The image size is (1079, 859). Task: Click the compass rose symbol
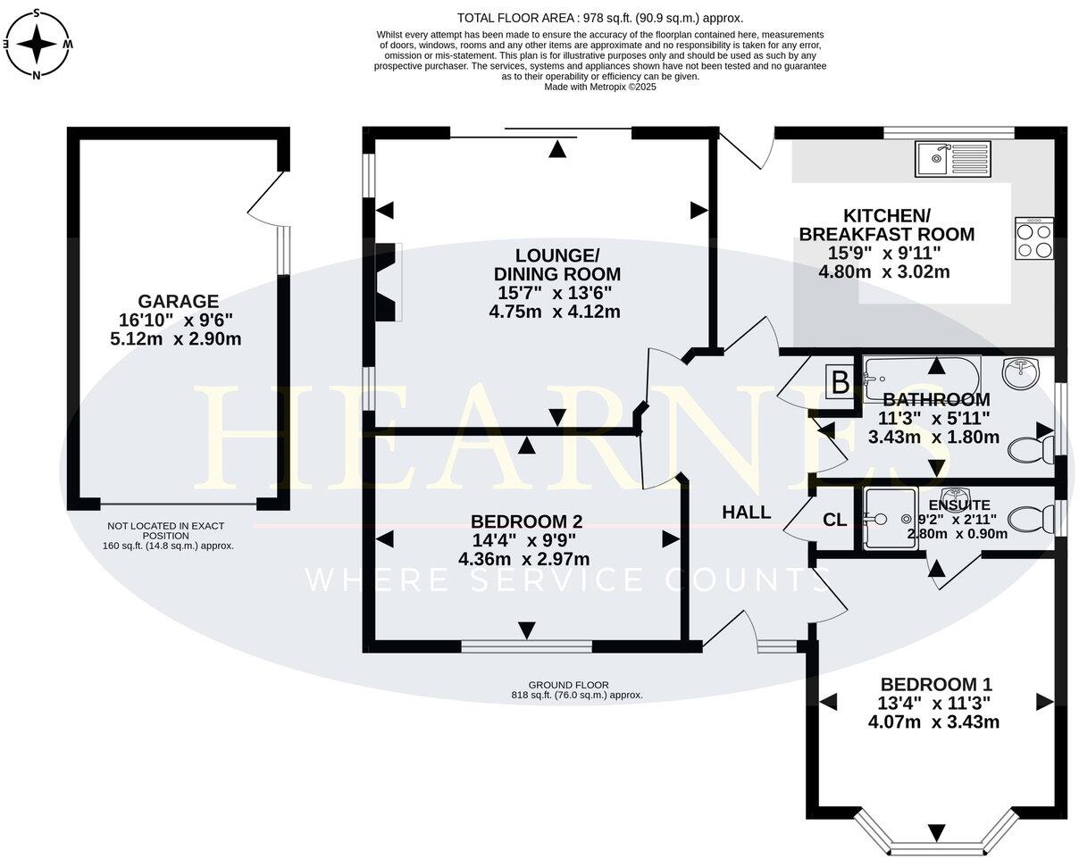click(38, 43)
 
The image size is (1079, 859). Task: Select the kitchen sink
click(952, 159)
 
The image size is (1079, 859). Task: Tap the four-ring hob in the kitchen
click(1033, 238)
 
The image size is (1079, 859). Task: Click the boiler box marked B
click(840, 383)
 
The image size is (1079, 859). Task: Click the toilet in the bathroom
click(1029, 446)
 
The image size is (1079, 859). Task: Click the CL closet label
click(834, 520)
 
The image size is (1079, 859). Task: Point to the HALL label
click(746, 513)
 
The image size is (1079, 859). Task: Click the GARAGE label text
click(178, 302)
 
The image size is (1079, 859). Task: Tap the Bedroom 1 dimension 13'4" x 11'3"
click(933, 703)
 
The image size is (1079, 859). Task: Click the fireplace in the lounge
click(386, 282)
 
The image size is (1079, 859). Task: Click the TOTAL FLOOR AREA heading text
click(599, 18)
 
